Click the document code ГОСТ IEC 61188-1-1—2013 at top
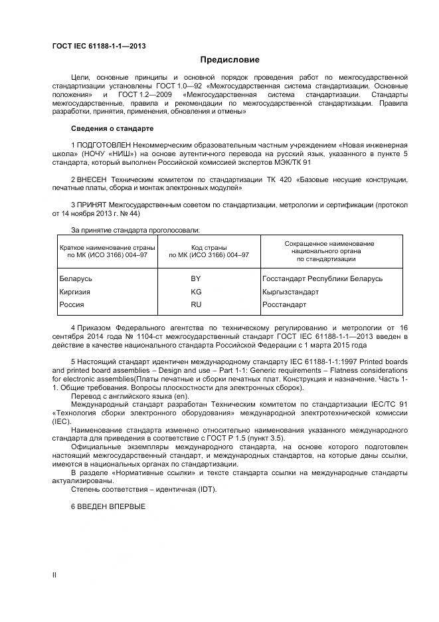(99, 46)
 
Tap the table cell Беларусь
(76, 278)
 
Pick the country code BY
(196, 278)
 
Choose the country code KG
(196, 292)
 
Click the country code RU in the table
(196, 304)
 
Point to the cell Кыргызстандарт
(290, 292)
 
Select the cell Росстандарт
(284, 304)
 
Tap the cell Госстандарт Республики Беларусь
(322, 278)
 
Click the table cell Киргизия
(74, 292)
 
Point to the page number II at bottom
(54, 573)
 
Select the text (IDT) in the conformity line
(206, 489)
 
